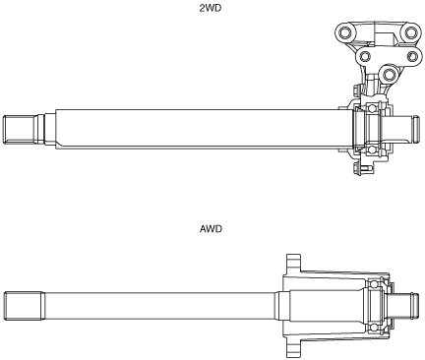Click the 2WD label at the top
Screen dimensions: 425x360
click(x=211, y=8)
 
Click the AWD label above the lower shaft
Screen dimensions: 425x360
click(x=211, y=228)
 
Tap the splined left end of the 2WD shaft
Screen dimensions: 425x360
click(x=19, y=129)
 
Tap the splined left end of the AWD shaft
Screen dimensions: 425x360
click(x=24, y=306)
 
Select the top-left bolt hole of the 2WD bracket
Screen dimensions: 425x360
click(x=344, y=32)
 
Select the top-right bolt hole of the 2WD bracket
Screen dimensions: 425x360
click(x=410, y=32)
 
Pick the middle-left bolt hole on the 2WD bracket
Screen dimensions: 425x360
click(x=365, y=56)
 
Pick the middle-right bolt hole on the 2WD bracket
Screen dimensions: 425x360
click(x=413, y=56)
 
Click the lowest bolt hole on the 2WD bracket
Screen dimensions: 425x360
click(x=389, y=75)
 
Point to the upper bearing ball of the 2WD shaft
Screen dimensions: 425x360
click(x=372, y=108)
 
